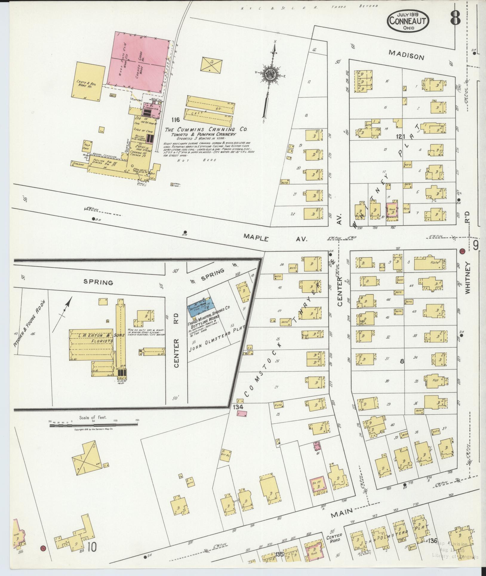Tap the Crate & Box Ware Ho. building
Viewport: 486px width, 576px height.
pyautogui.click(x=88, y=79)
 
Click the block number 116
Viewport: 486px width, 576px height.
pyautogui.click(x=176, y=120)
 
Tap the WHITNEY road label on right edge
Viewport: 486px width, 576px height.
pyautogui.click(x=467, y=278)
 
